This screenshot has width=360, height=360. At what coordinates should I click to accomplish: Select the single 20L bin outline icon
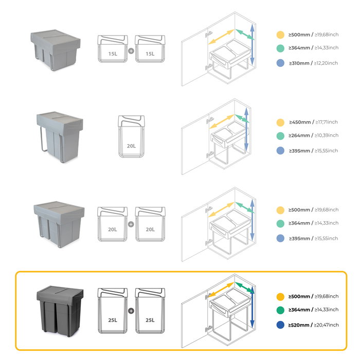tap(131, 136)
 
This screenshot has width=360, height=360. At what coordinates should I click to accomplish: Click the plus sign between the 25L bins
tap(131, 311)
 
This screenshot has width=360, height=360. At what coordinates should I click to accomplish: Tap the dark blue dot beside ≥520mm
tap(280, 325)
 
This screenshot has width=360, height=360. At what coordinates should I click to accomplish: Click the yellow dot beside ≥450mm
tap(280, 122)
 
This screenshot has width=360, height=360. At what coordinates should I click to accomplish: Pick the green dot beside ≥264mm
tap(280, 136)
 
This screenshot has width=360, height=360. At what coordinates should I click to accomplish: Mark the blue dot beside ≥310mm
tap(280, 63)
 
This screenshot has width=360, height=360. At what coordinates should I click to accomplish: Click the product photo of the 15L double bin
tap(56, 46)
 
